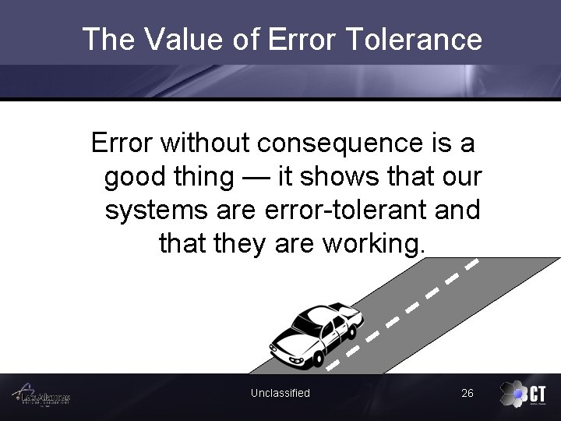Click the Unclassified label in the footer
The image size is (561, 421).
tap(280, 393)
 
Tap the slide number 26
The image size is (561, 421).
tap(467, 393)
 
